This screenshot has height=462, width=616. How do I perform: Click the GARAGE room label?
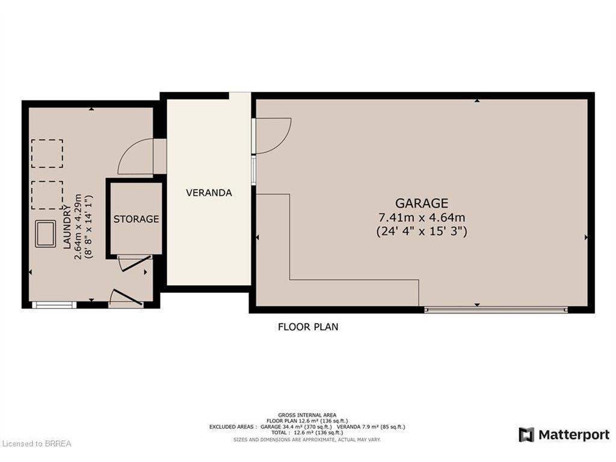(x=422, y=203)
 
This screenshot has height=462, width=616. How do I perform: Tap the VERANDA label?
(x=209, y=193)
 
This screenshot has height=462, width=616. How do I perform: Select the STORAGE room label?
(x=137, y=219)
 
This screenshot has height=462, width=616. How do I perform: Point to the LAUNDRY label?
(x=67, y=227)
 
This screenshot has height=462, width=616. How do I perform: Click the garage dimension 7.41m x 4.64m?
(x=422, y=217)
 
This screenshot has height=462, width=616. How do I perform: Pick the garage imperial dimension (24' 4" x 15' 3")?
(x=422, y=231)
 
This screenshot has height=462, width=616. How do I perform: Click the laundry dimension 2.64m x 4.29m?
(x=78, y=227)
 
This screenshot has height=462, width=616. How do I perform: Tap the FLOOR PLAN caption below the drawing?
(x=308, y=327)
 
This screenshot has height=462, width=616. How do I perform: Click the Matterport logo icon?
(x=526, y=435)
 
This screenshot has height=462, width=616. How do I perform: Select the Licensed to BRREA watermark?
(x=35, y=444)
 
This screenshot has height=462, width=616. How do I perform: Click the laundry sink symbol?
(x=45, y=234)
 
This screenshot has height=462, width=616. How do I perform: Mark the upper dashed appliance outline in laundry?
(x=47, y=153)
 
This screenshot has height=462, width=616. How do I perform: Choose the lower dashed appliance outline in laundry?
(x=47, y=196)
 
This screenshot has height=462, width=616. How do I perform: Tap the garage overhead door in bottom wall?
(x=496, y=310)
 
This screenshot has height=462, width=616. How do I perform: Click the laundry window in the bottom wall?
(x=54, y=304)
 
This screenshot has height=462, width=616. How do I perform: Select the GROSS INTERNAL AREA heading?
(x=307, y=415)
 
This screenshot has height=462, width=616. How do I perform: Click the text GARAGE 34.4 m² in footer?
(x=297, y=427)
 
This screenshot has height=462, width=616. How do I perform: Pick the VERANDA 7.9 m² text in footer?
(x=371, y=427)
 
